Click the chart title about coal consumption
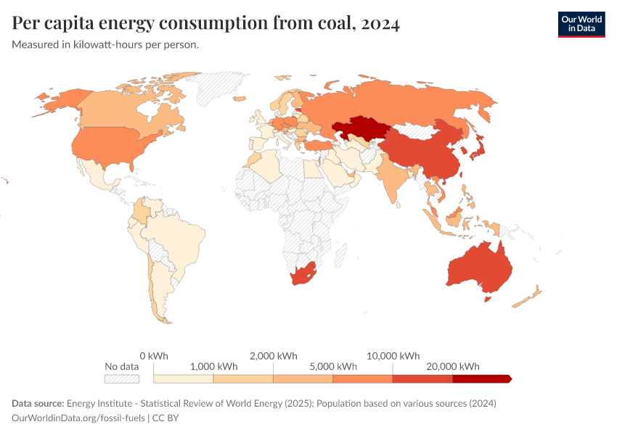(205, 24)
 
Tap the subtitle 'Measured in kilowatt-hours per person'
(105, 45)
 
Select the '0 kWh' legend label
(154, 356)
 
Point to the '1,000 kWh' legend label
(213, 366)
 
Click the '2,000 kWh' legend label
(273, 356)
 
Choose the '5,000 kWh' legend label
(332, 366)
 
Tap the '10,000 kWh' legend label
(393, 356)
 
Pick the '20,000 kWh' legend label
(452, 366)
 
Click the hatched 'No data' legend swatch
(121, 378)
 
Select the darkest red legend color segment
(481, 378)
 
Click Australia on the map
(479, 268)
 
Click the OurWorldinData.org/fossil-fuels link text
(78, 418)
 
